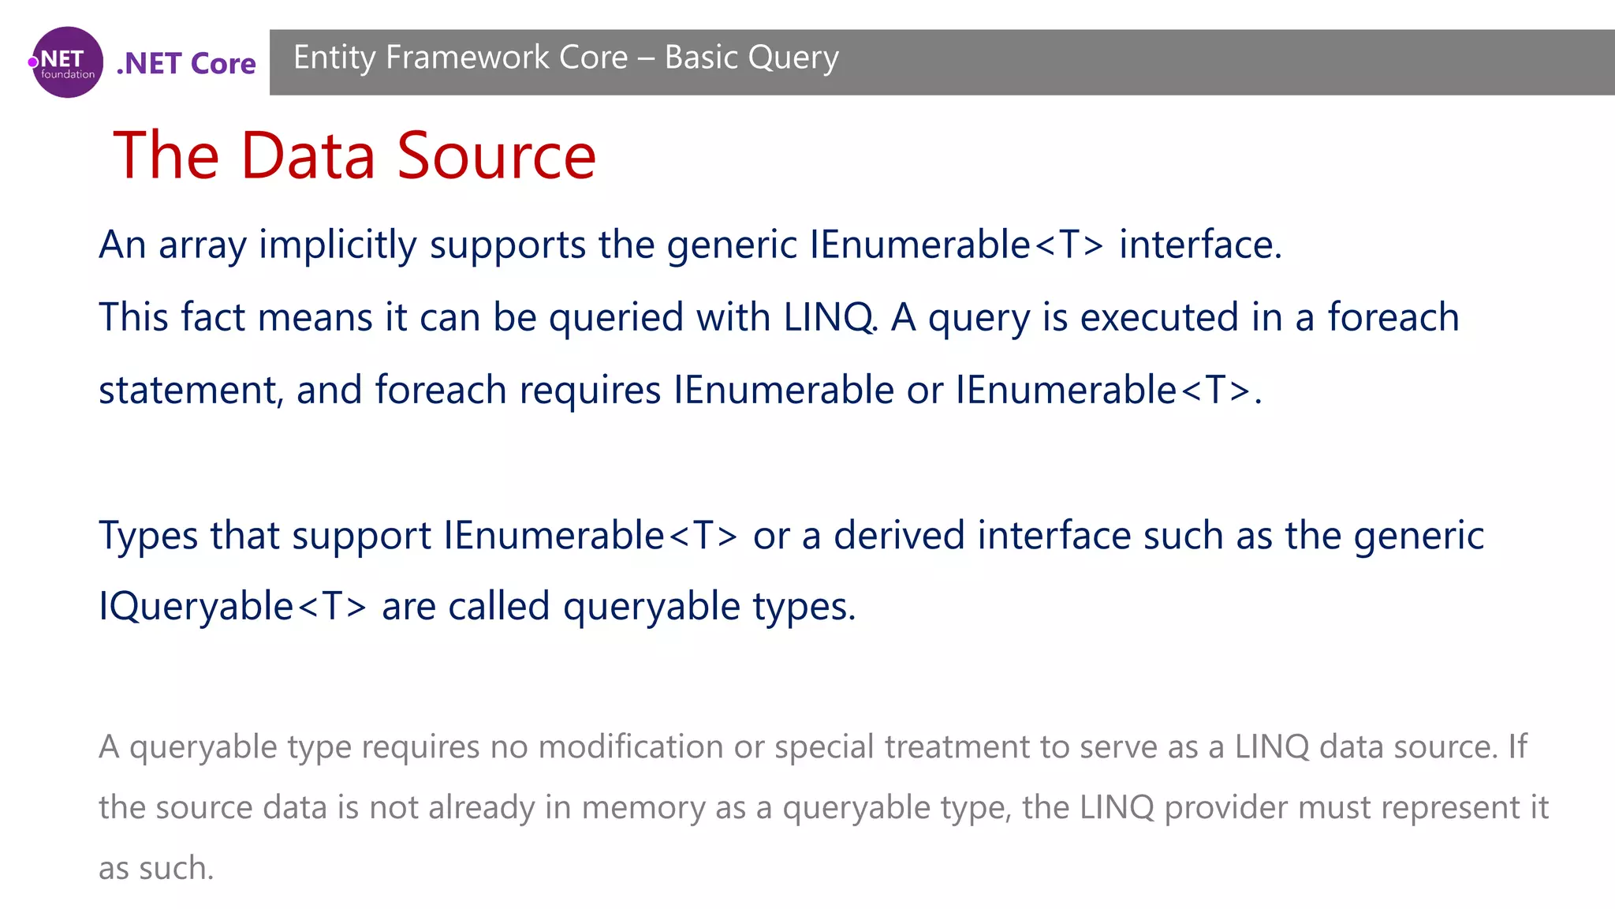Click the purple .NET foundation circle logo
click(68, 62)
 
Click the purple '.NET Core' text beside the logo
click(186, 63)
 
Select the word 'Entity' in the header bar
click(334, 58)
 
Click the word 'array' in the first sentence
click(202, 245)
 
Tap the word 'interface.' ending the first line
click(1200, 244)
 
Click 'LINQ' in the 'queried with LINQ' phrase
click(829, 317)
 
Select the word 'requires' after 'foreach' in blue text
click(590, 391)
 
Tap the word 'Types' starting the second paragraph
click(148, 537)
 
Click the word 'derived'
click(899, 536)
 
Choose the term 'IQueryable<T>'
click(233, 607)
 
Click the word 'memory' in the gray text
click(643, 808)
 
